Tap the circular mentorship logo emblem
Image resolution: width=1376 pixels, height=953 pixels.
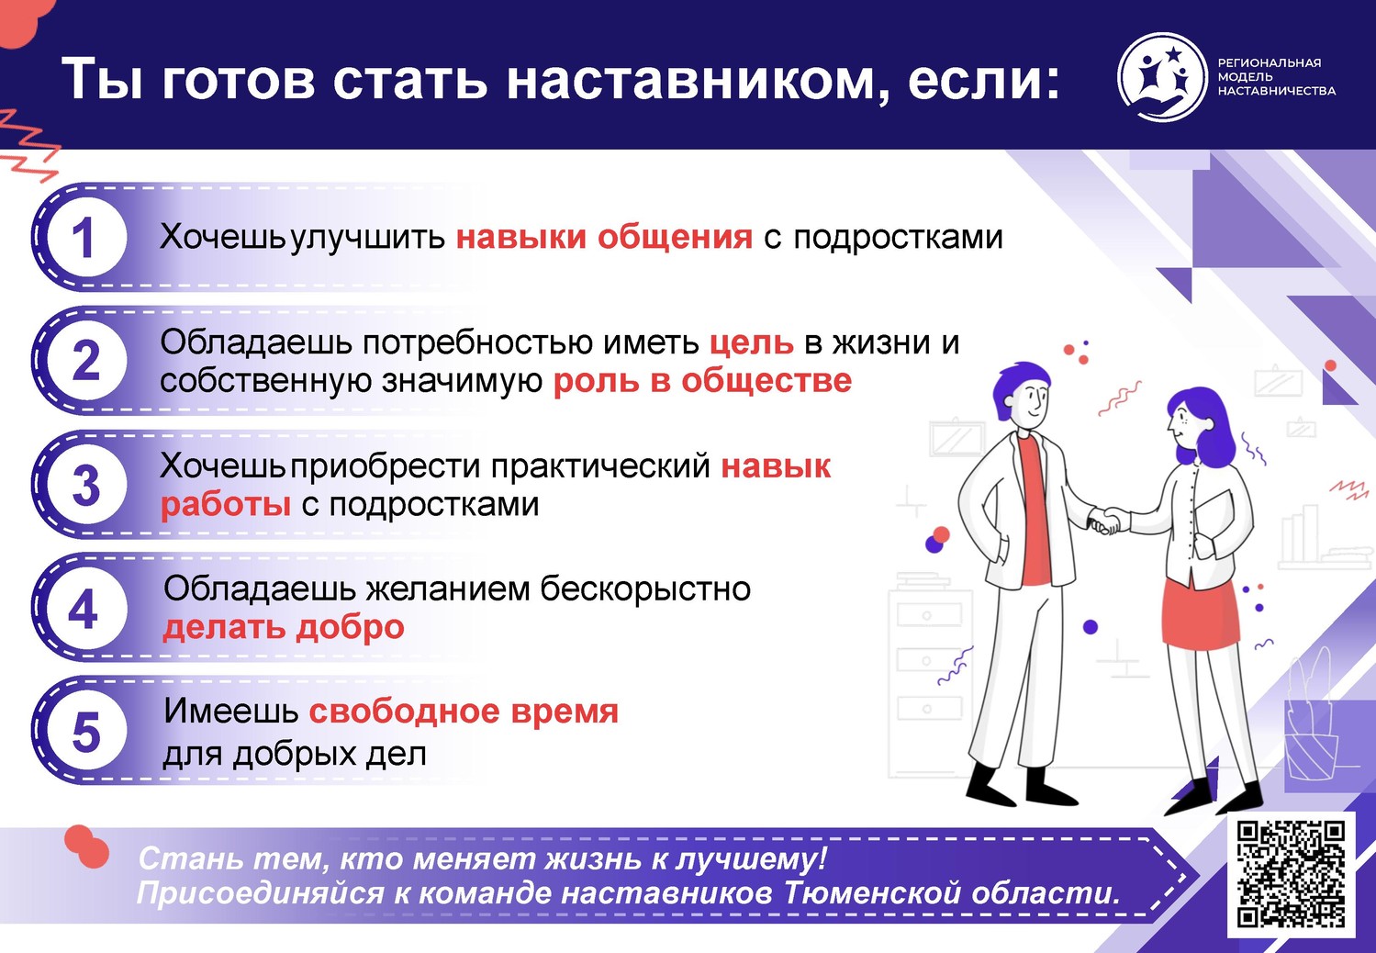coord(1161,77)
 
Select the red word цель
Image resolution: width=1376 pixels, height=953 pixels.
coord(751,343)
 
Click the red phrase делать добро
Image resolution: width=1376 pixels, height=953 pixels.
coord(284,627)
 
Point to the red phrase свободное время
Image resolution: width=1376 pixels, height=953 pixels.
coord(464,712)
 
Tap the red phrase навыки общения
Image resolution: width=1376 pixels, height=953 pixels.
coord(604,237)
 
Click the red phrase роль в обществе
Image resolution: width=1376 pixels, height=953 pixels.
coord(703,381)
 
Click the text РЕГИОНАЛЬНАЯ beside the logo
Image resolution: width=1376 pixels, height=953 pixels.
coord(1270,63)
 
